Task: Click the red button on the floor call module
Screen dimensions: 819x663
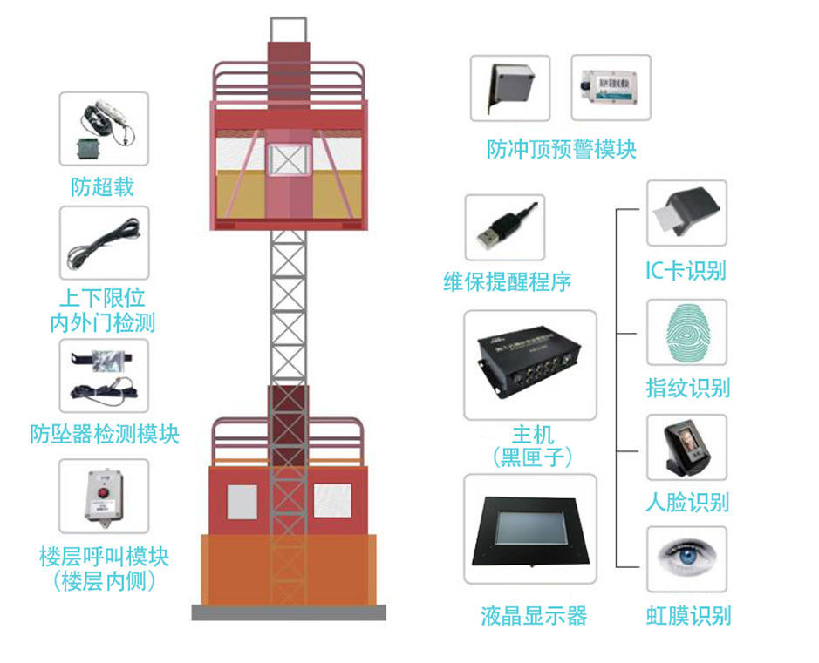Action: click(x=104, y=492)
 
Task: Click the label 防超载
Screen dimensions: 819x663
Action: click(x=102, y=186)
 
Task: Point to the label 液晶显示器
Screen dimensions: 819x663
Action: click(x=533, y=616)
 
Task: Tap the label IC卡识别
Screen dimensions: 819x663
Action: click(x=686, y=271)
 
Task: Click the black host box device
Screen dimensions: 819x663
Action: click(x=529, y=361)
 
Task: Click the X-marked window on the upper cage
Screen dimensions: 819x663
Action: click(x=289, y=159)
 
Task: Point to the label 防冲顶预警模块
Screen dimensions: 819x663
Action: click(x=562, y=149)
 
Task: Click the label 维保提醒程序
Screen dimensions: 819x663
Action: click(x=507, y=281)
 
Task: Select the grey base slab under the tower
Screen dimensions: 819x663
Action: click(x=289, y=612)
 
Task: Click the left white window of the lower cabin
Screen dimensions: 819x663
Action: click(x=242, y=502)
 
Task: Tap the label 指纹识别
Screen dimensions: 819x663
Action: click(x=687, y=388)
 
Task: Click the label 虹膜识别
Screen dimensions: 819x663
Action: click(x=688, y=616)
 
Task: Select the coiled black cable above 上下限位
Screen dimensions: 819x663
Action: click(x=104, y=243)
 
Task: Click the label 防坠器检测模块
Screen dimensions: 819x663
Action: click(x=105, y=434)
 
